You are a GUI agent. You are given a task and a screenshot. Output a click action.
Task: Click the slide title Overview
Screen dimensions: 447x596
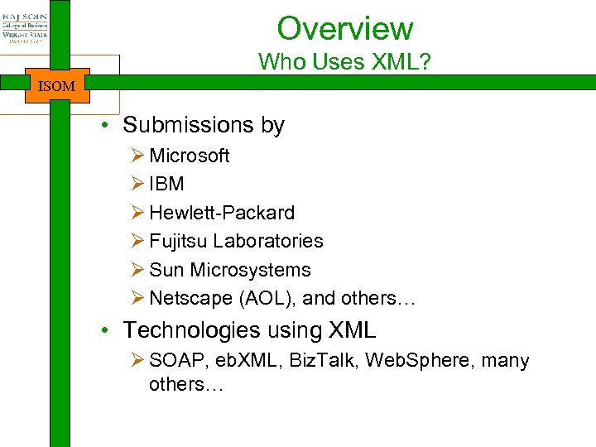tap(344, 28)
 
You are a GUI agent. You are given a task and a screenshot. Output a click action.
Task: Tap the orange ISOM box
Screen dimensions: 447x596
tap(56, 85)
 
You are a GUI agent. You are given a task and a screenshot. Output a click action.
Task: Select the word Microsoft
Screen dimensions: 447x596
tap(190, 156)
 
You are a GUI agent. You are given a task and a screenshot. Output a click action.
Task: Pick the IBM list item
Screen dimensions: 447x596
tap(166, 184)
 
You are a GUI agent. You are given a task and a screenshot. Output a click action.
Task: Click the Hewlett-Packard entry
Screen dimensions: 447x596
tap(222, 213)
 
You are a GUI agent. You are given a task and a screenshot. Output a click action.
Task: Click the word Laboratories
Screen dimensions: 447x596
tap(267, 241)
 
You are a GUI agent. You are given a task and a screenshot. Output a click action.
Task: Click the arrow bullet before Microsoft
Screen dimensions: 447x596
tap(137, 156)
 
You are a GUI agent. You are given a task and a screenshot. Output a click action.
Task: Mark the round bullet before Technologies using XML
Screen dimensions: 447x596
tap(108, 331)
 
